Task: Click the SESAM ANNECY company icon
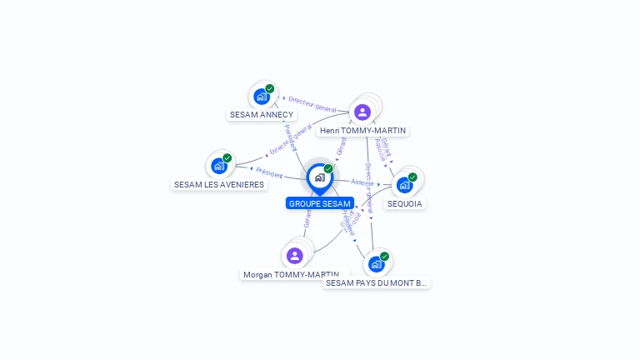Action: pos(261,96)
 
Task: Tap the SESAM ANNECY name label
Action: pos(262,114)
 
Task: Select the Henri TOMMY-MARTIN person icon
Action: pos(362,112)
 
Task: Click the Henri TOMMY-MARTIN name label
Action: pos(363,131)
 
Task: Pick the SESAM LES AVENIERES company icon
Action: pos(219,166)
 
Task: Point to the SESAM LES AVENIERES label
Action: pos(219,184)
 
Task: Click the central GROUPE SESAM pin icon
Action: pos(319,177)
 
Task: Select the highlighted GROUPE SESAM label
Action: pos(320,203)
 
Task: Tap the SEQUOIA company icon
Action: pos(405,184)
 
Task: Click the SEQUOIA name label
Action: pos(405,203)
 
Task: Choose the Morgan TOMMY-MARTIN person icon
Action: pos(294,256)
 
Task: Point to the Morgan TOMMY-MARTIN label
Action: pos(291,274)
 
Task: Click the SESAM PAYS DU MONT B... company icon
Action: pos(377,264)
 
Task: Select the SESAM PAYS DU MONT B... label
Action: pos(377,282)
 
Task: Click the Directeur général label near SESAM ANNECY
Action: pos(312,104)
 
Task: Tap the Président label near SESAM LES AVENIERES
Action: pos(269,172)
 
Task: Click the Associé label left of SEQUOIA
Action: pos(362,182)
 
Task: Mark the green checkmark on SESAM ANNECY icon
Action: pos(269,88)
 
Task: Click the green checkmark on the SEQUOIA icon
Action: pos(412,177)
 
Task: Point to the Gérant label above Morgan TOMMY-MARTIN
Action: pos(307,219)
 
